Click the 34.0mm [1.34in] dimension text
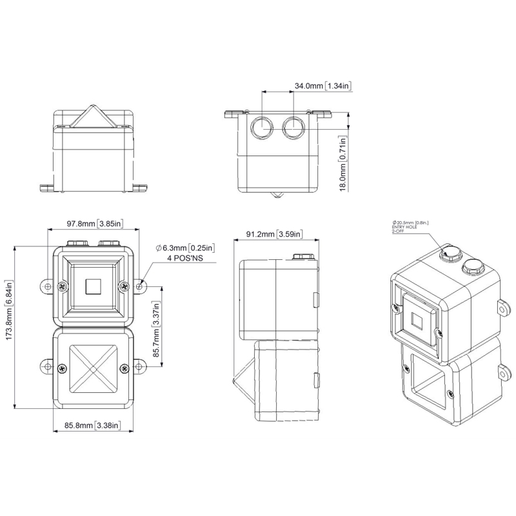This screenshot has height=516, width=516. click(x=323, y=86)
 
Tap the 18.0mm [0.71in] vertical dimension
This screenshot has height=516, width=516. click(x=343, y=164)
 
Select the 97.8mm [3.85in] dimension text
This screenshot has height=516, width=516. click(x=95, y=224)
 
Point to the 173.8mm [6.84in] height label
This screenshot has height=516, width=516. click(x=8, y=310)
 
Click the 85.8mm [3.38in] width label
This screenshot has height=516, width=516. click(x=92, y=426)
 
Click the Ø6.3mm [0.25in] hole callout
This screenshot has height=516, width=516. click(x=186, y=248)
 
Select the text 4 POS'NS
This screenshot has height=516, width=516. click(x=185, y=259)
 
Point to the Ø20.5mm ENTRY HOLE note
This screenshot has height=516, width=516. click(x=410, y=227)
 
